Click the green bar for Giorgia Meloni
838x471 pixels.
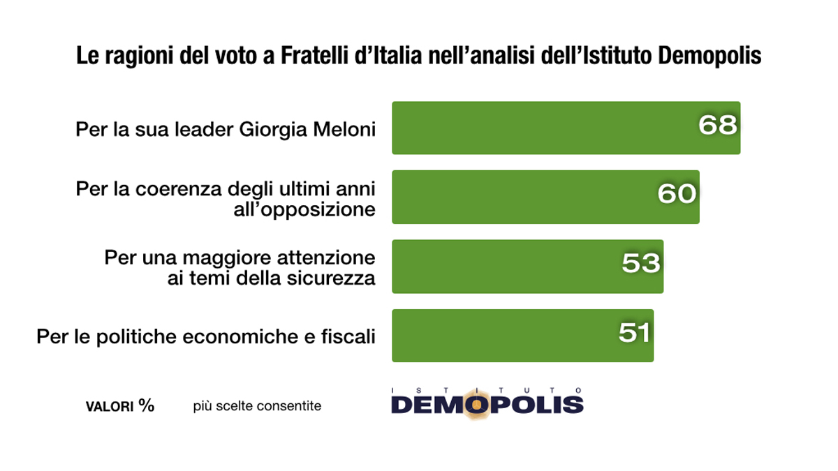(x=545, y=128)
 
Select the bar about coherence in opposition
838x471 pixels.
(x=524, y=197)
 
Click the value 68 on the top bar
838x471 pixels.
(x=718, y=126)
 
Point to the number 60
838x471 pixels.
(x=677, y=194)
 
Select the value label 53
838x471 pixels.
(x=640, y=263)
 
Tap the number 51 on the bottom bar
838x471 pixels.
(x=634, y=332)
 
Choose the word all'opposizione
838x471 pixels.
(x=305, y=209)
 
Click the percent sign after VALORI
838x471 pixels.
(x=146, y=405)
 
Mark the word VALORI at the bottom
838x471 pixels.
(x=109, y=407)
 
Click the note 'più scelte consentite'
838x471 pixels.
(x=257, y=406)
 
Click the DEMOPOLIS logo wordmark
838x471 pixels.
(x=487, y=404)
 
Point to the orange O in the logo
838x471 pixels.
(x=476, y=405)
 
